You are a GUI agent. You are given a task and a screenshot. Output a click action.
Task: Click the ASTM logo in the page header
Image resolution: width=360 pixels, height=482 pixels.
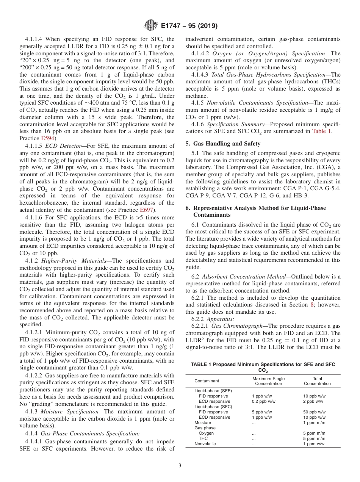click(x=150, y=26)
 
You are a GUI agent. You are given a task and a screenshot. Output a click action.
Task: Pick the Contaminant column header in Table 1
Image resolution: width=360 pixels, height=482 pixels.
click(x=206, y=381)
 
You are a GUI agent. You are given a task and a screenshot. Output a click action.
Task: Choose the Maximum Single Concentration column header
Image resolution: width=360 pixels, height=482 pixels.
click(x=268, y=381)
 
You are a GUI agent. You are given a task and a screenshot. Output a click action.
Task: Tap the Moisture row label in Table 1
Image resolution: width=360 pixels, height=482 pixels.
click(x=203, y=423)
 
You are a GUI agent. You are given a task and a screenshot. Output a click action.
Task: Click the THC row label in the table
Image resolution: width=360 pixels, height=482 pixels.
click(x=203, y=438)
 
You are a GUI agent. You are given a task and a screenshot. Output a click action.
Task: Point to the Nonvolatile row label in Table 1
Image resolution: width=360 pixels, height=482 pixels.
click(x=205, y=444)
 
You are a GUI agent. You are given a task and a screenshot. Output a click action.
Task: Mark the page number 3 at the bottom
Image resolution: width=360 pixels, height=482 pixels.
click(x=180, y=466)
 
